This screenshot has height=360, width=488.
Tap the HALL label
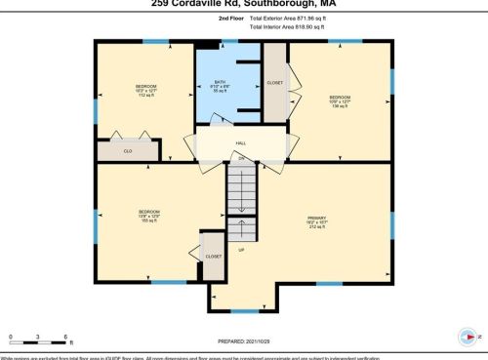tap(240, 143)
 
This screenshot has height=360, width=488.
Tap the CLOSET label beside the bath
tap(274, 83)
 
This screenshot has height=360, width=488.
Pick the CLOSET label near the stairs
tap(213, 255)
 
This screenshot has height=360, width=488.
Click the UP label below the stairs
tap(240, 251)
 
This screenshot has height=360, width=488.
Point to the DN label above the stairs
tap(241, 158)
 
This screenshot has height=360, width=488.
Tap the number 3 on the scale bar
tap(38, 338)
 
